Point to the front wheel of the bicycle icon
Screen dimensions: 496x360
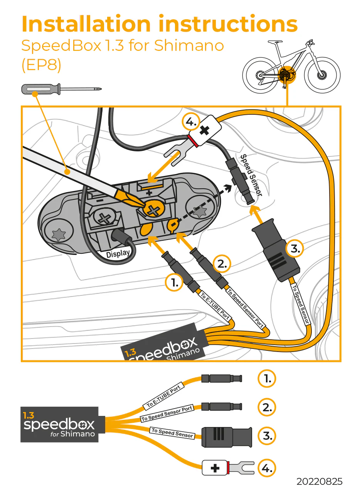point(322,74)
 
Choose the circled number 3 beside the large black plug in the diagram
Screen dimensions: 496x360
point(294,249)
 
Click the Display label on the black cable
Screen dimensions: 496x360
point(118,254)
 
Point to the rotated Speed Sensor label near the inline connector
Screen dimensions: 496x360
point(251,175)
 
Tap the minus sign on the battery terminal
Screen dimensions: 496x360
point(99,201)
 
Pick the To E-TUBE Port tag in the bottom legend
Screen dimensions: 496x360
point(164,397)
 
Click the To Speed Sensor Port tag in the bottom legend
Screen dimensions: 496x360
point(167,414)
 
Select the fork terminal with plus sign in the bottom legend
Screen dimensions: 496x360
point(228,468)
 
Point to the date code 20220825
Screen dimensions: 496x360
point(319,481)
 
